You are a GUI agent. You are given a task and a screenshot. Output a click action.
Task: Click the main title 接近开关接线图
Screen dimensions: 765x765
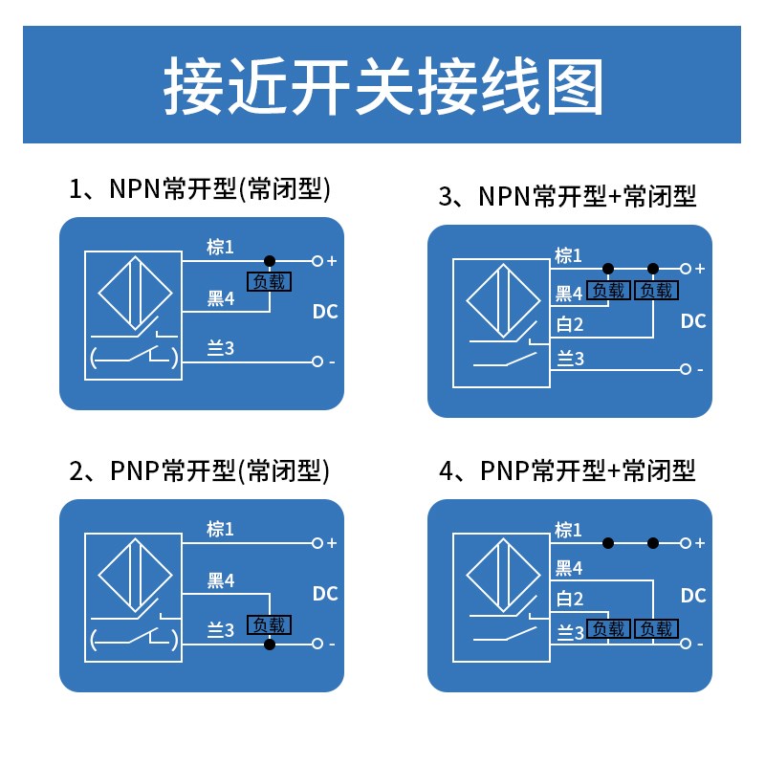click(x=382, y=87)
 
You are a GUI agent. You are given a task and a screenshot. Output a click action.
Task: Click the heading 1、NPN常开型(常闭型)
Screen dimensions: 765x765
click(x=200, y=188)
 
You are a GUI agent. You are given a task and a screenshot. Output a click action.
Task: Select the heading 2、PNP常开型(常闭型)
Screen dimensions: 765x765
click(x=200, y=470)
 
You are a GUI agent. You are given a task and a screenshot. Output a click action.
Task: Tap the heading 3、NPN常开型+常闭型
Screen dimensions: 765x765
click(x=567, y=196)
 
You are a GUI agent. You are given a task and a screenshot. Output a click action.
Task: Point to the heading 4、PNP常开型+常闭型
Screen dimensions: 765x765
click(x=567, y=470)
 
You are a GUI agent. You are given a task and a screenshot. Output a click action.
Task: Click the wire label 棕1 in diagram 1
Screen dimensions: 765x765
click(x=220, y=248)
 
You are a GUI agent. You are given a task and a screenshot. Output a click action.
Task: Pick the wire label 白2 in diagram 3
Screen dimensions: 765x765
click(x=570, y=324)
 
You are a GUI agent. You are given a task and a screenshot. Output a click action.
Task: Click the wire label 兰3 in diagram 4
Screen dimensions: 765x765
click(x=570, y=632)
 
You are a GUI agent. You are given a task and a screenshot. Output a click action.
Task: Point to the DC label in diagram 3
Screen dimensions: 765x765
click(x=693, y=321)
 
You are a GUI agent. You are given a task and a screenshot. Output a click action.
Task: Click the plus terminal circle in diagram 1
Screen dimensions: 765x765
click(x=317, y=260)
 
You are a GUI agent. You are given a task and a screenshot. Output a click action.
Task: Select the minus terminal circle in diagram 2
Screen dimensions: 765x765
click(x=317, y=645)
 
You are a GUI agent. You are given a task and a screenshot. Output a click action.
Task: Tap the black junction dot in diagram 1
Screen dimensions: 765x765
click(x=270, y=260)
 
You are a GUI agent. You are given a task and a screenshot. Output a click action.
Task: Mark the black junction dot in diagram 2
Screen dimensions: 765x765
click(x=270, y=645)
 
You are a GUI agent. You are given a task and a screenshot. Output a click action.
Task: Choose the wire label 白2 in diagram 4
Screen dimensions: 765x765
click(x=570, y=600)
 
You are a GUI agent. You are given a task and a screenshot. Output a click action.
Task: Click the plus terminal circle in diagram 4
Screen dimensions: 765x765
click(x=685, y=543)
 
